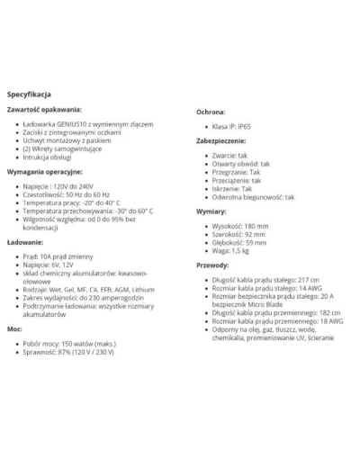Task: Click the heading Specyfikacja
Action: pos(29,94)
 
